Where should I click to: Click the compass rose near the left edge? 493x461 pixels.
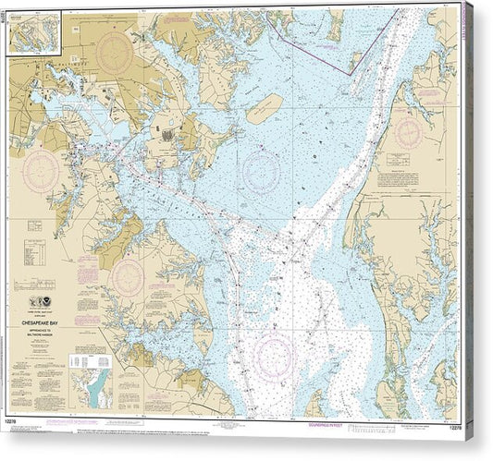coord(43,171)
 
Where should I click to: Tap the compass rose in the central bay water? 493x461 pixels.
coord(262,171)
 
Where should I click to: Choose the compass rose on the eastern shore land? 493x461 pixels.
coord(407,132)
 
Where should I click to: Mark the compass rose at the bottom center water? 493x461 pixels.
coord(274,356)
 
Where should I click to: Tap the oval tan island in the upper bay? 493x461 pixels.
coord(265,108)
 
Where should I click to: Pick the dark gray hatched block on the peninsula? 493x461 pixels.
coord(167,135)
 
